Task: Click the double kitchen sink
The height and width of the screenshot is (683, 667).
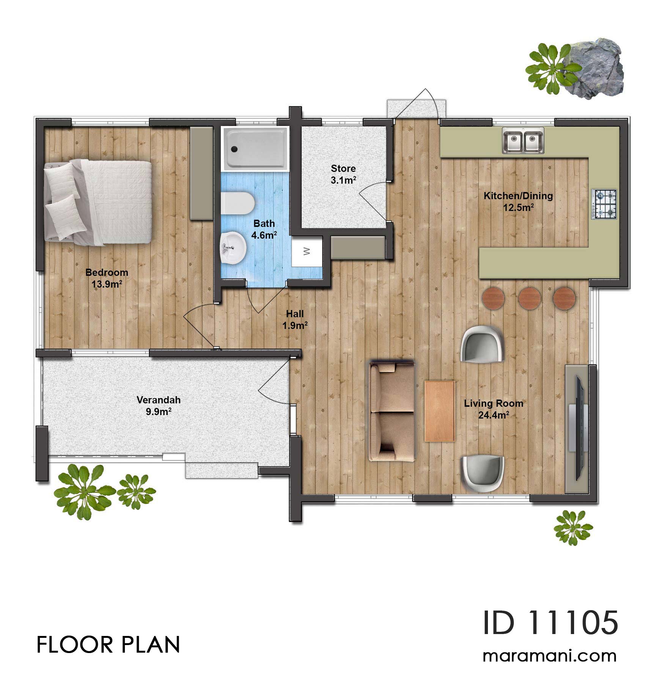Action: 523,140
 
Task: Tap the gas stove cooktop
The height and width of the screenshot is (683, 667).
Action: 604,205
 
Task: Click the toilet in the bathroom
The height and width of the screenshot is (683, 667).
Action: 237,203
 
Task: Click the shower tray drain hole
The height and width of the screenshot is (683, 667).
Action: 234,149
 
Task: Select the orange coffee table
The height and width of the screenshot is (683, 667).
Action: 439,411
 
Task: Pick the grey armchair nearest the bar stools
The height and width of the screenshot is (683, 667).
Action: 482,344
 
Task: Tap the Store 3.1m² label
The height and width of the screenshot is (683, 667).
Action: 343,174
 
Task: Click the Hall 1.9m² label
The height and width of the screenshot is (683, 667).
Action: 295,319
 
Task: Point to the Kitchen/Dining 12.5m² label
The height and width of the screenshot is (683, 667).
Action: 518,201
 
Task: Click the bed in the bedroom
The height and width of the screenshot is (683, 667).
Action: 99,201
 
